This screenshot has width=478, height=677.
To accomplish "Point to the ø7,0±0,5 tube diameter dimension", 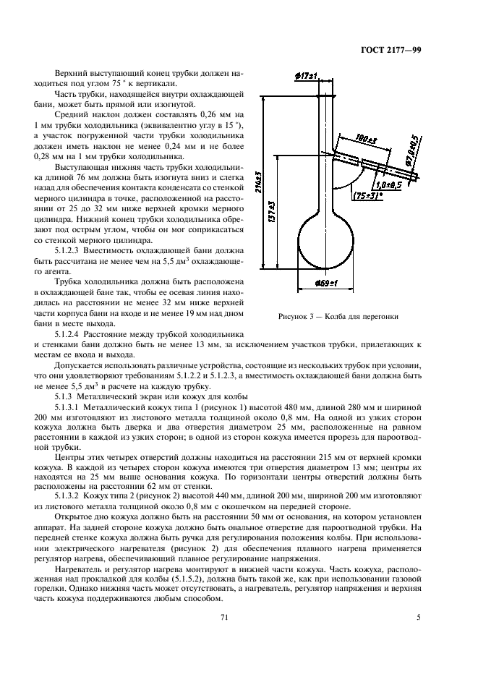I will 414,153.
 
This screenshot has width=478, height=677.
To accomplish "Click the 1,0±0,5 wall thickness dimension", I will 389,184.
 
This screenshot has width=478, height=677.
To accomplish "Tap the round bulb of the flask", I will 326,242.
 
